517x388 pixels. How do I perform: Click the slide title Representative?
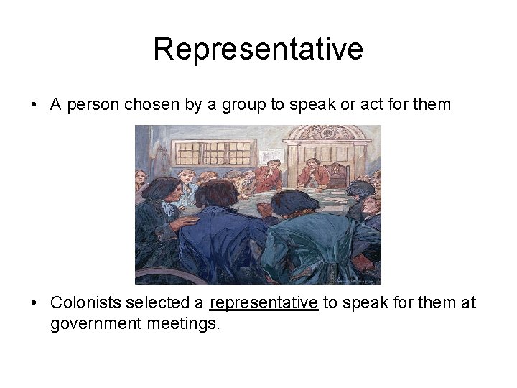pyautogui.click(x=258, y=50)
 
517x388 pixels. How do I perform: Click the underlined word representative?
pyautogui.click(x=264, y=303)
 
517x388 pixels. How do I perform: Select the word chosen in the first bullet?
pyautogui.click(x=149, y=105)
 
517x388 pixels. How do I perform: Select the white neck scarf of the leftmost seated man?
pyautogui.click(x=168, y=208)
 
